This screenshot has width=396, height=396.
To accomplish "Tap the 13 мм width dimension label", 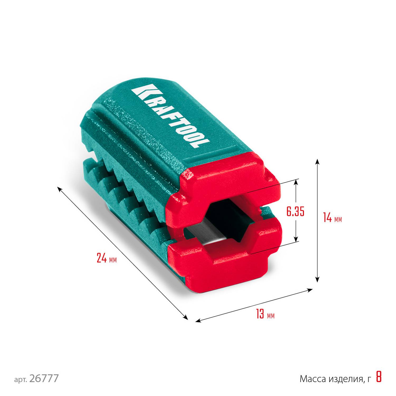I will pyautogui.click(x=265, y=314).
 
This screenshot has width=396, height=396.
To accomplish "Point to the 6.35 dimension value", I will pyautogui.click(x=295, y=212).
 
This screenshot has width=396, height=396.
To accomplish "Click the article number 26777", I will pyautogui.click(x=44, y=378).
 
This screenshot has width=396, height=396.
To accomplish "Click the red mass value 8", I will pyautogui.click(x=379, y=377).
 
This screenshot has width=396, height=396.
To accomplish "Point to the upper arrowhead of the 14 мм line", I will pyautogui.click(x=317, y=161).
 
